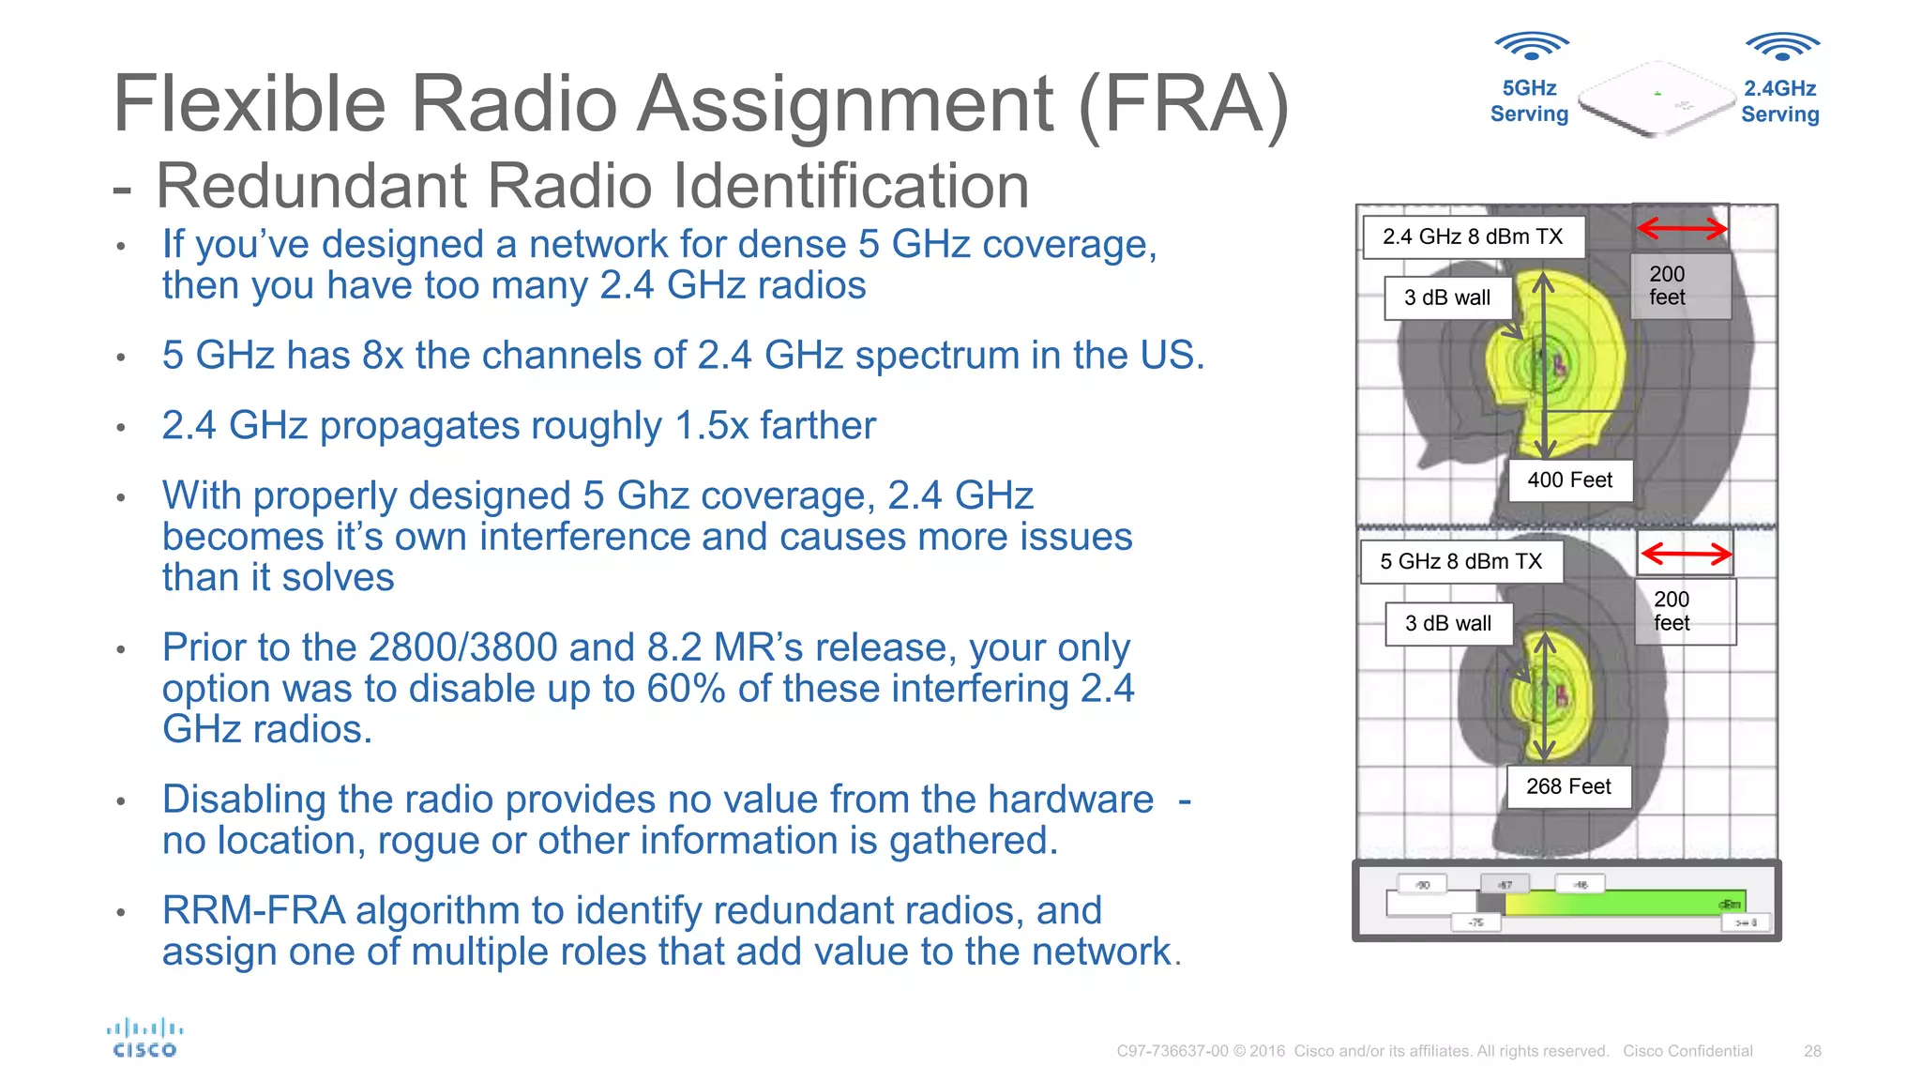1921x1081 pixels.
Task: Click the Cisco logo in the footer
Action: coord(144,1039)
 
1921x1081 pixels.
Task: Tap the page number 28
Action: coord(1812,1051)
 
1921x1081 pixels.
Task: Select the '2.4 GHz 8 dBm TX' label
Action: coord(1473,236)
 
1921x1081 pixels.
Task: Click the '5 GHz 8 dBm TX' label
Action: coord(1460,561)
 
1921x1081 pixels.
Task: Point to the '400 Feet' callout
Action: coord(1569,480)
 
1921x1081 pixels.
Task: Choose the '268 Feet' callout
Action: coord(1568,786)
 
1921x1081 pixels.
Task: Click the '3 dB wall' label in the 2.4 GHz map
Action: coord(1447,297)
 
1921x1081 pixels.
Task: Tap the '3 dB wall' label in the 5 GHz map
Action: coord(1448,623)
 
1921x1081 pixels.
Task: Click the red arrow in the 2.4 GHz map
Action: coord(1682,228)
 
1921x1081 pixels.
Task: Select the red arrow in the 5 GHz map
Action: coord(1686,554)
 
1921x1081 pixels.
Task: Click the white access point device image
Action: coord(1656,99)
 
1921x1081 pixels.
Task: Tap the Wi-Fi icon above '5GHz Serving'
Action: coord(1531,45)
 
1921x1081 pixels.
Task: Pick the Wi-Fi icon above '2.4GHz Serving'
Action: coord(1782,46)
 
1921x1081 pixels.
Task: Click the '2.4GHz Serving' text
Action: coord(1780,101)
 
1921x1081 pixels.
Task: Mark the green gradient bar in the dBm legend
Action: coord(1623,903)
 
